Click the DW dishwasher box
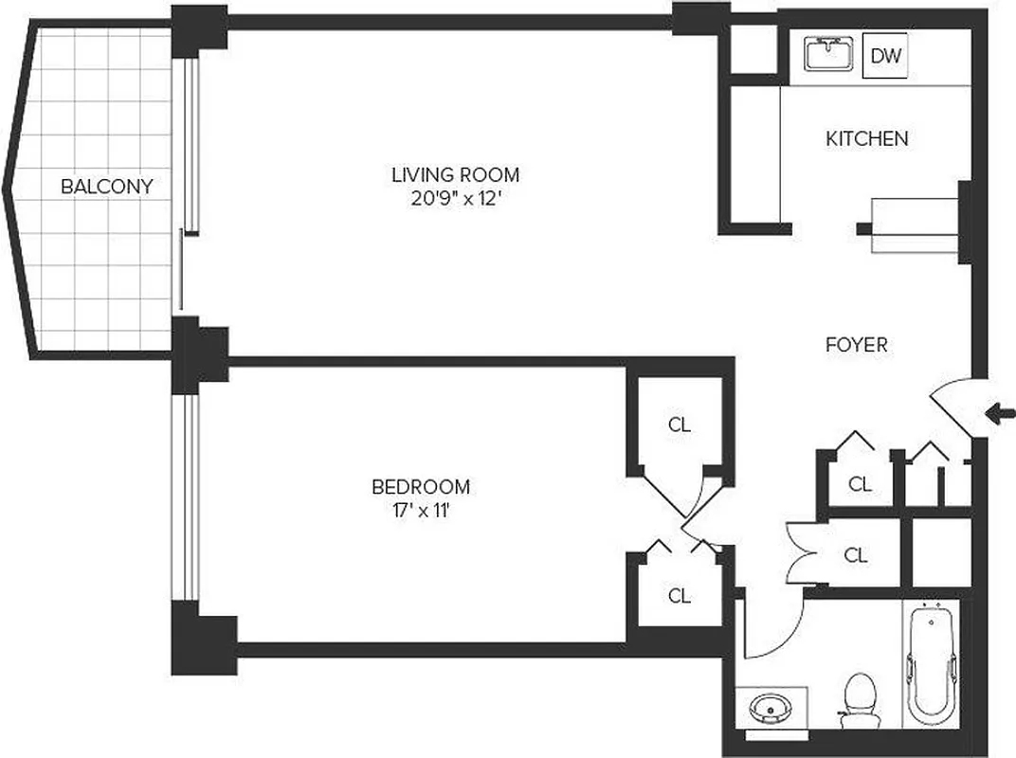click(885, 57)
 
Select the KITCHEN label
click(866, 139)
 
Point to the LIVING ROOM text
click(455, 174)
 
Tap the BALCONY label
click(106, 187)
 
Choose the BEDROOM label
click(420, 487)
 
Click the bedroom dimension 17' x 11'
click(420, 512)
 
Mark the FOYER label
click(856, 345)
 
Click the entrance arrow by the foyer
click(1000, 413)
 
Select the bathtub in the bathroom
click(930, 668)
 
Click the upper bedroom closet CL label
click(679, 424)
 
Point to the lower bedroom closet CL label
click(679, 596)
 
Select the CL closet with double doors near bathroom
click(855, 555)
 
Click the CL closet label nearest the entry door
click(859, 484)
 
